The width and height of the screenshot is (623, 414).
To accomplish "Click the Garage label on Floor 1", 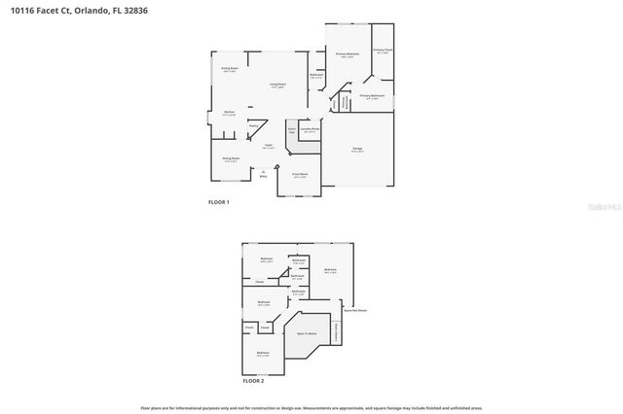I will (x=357, y=148).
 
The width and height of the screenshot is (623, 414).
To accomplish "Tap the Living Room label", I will (x=277, y=86).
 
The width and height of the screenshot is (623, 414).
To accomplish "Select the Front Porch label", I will (x=300, y=175).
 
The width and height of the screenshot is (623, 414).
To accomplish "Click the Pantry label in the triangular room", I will (x=253, y=125).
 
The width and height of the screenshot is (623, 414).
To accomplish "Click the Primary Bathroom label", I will (x=372, y=96).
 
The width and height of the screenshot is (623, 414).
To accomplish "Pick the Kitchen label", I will (x=230, y=114).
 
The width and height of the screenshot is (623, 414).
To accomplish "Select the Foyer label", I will (x=268, y=146).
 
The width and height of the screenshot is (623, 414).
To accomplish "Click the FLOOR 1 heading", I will (x=219, y=201).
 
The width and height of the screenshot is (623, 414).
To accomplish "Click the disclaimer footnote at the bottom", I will (x=311, y=408).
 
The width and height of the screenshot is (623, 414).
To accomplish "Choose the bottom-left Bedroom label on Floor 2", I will (x=263, y=355).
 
